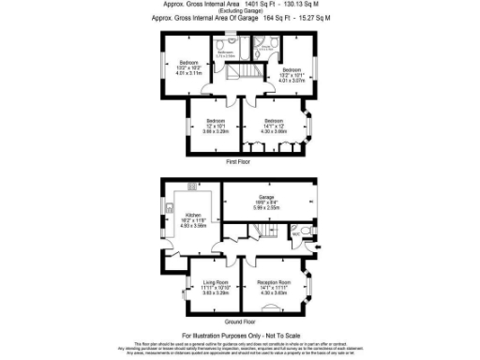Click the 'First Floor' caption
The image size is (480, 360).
pos(239,162)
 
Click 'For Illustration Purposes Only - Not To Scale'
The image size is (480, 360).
pos(241,335)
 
